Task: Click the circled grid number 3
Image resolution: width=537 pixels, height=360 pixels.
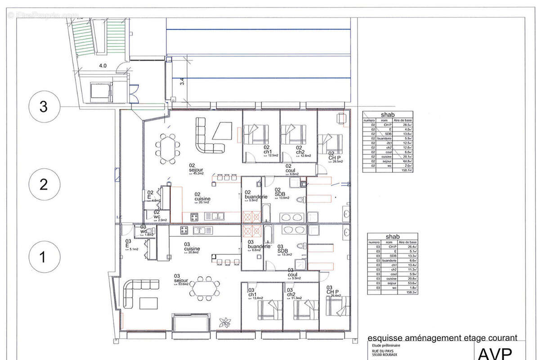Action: tap(43, 107)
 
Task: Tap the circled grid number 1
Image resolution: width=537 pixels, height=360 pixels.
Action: tap(43, 258)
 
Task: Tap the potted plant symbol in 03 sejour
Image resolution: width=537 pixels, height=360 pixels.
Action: tap(224, 322)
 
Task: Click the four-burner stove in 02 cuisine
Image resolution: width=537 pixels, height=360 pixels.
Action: tap(194, 217)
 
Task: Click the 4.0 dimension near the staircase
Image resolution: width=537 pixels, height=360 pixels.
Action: tap(103, 66)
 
